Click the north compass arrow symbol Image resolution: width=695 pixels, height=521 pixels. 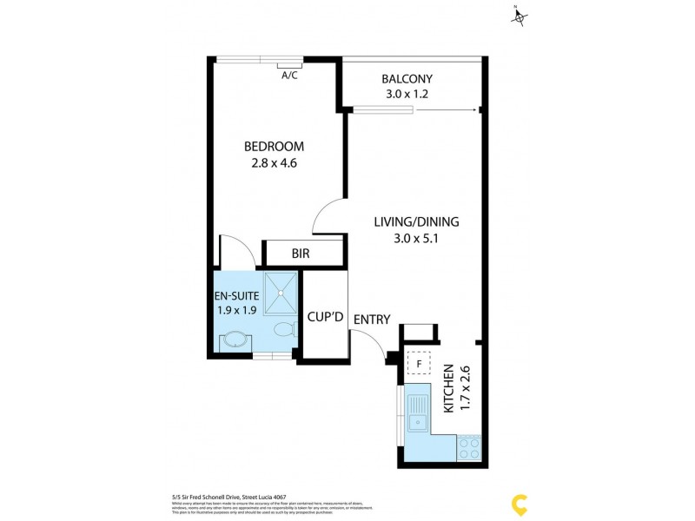coord(520,16)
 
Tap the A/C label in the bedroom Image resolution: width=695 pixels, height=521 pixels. coord(289,76)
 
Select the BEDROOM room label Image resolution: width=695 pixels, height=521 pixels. coord(274,146)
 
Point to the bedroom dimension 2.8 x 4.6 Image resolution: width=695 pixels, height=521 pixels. coord(274,162)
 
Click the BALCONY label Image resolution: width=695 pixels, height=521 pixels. coord(407,79)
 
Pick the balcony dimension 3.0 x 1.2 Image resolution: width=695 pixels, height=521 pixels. coord(407,95)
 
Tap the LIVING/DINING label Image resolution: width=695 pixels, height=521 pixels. coord(416,221)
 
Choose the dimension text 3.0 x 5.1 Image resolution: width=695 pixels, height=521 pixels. coord(416,238)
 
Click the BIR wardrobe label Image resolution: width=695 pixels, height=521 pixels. coord(301,254)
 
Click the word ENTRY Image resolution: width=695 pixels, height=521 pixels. coord(372,320)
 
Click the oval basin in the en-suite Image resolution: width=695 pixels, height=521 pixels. coord(233,340)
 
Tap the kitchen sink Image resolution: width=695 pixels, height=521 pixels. coord(419,412)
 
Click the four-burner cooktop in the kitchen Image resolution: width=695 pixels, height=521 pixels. coord(469,447)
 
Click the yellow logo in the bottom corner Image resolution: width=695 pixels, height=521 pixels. coord(520,503)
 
